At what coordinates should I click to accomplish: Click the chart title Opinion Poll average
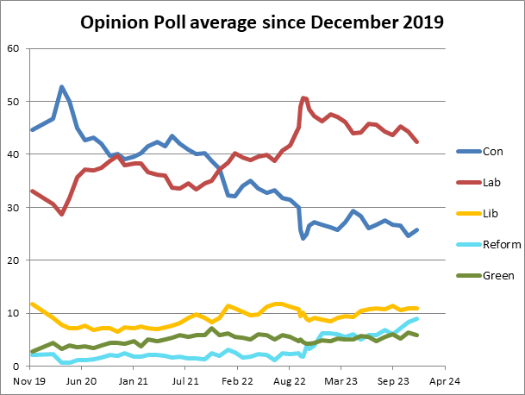coord(262,22)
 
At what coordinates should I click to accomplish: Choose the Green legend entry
coord(498,275)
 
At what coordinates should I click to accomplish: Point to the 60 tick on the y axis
coord(13,48)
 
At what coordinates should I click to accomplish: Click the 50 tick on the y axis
coord(13,102)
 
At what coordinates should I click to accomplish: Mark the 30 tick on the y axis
coord(13,208)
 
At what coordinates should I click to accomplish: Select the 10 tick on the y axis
coord(13,314)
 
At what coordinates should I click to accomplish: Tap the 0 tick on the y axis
coord(16,367)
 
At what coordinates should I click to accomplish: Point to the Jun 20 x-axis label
coord(80,379)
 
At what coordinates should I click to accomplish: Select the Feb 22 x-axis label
coord(236,379)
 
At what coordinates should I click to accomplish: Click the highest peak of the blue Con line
coord(61,86)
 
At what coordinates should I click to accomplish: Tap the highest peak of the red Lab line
coord(303,97)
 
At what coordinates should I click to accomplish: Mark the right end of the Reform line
coord(417,318)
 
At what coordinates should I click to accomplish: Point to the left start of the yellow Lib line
coord(32,304)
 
